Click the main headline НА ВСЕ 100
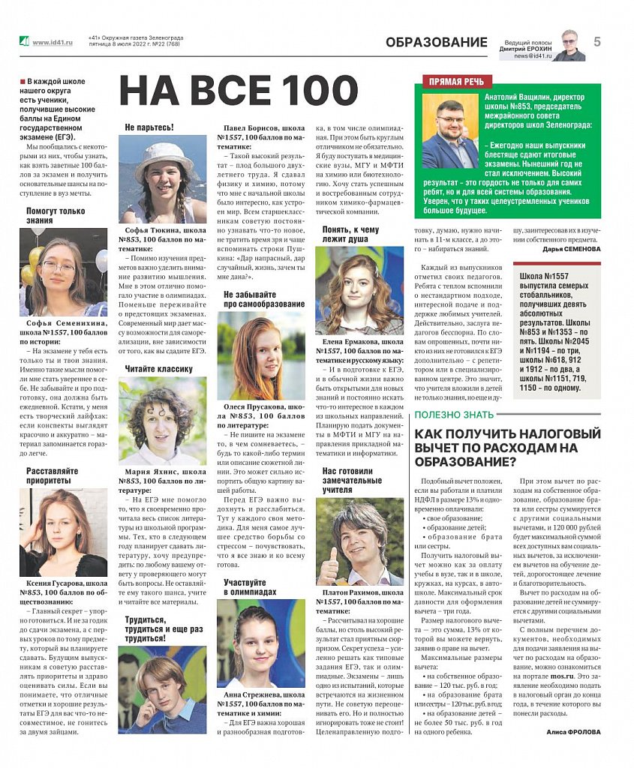click(x=239, y=91)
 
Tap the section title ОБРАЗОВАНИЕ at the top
click(x=436, y=43)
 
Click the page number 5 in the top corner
click(x=597, y=42)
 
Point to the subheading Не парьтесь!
click(x=149, y=127)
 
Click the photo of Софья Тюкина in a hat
click(x=162, y=179)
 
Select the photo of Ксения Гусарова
click(x=63, y=532)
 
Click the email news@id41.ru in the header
click(x=533, y=56)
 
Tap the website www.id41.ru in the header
click(x=53, y=42)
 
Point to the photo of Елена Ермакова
click(x=359, y=290)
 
